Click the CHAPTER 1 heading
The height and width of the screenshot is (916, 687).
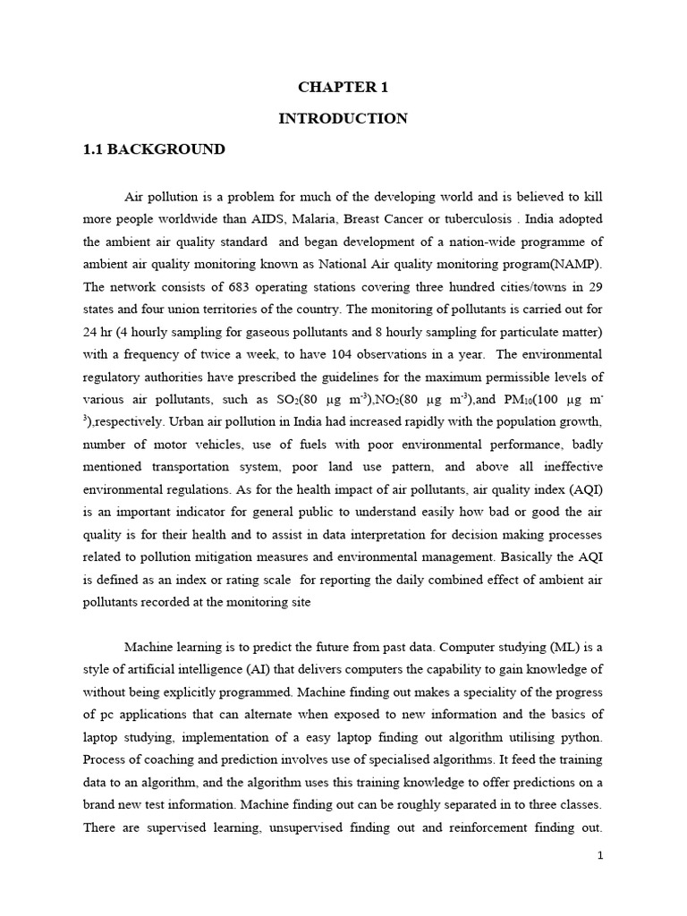[343, 87]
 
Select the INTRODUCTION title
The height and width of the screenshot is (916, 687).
[343, 118]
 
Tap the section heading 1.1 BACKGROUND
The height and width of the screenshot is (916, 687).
[154, 149]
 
